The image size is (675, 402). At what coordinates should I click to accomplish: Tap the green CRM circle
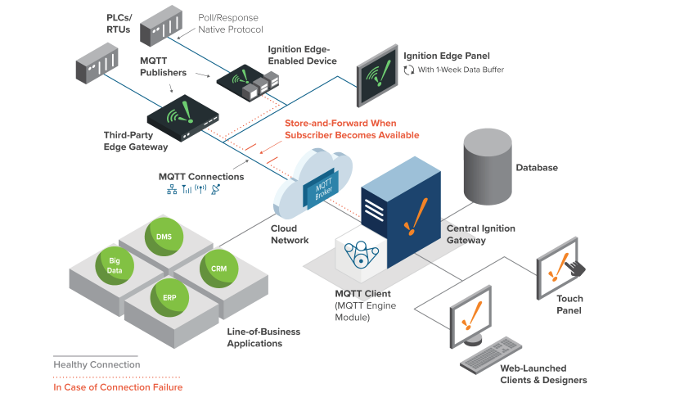pos(218,268)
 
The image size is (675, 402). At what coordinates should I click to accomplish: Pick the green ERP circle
pos(169,297)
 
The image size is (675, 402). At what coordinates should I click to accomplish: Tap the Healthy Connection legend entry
pos(97,364)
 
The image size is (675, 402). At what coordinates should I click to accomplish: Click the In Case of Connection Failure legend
pos(118,387)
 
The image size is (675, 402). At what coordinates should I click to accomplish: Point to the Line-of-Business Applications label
pos(263,337)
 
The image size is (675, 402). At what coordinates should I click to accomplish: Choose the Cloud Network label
pos(290,234)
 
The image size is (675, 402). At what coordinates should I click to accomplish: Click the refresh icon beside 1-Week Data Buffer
pos(408,70)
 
